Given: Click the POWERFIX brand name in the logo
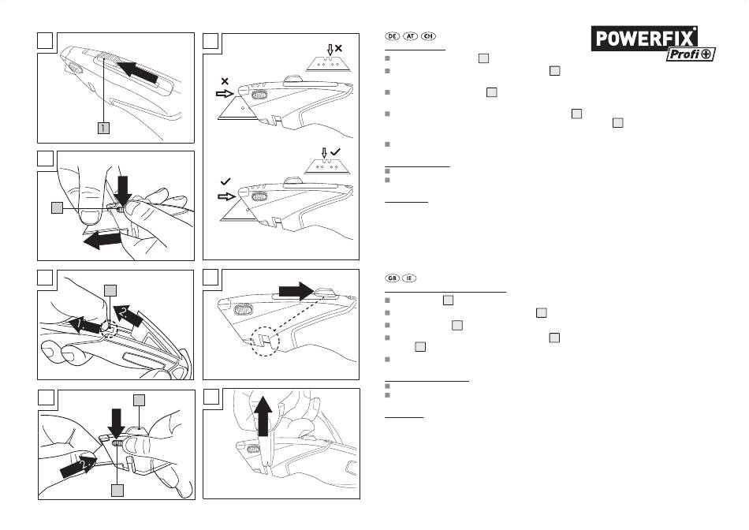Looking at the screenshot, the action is (x=645, y=39).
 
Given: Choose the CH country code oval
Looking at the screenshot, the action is (x=428, y=37).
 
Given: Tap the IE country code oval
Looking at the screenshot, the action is (x=408, y=278).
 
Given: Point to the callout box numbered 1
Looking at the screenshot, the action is (x=103, y=128).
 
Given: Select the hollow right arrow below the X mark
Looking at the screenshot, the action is (x=225, y=92).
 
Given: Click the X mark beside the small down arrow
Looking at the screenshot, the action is (x=338, y=49).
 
